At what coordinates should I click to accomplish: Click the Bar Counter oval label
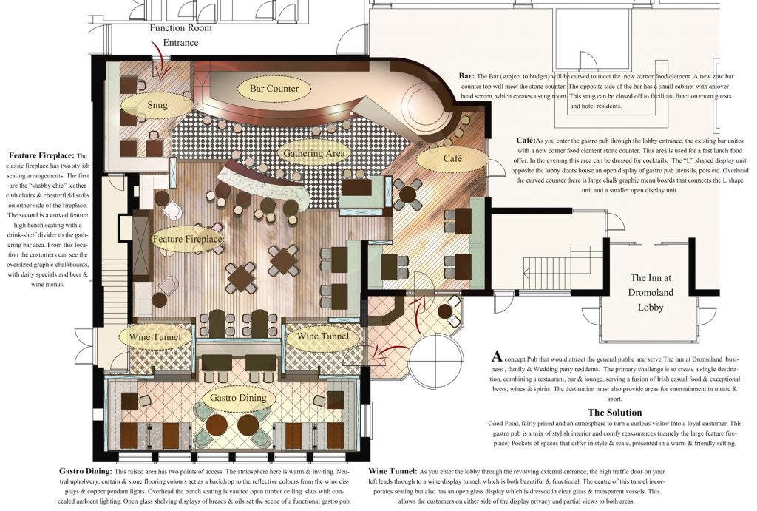click(274, 89)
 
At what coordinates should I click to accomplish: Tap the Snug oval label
click(157, 106)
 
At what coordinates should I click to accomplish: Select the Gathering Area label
click(314, 154)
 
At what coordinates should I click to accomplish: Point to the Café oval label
click(452, 159)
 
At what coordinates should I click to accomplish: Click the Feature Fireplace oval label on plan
click(188, 240)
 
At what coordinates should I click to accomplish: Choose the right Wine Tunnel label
click(322, 337)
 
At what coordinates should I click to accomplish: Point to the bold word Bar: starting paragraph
click(466, 76)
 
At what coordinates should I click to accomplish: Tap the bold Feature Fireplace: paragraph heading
click(42, 156)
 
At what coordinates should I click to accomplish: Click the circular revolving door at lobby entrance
click(436, 362)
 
